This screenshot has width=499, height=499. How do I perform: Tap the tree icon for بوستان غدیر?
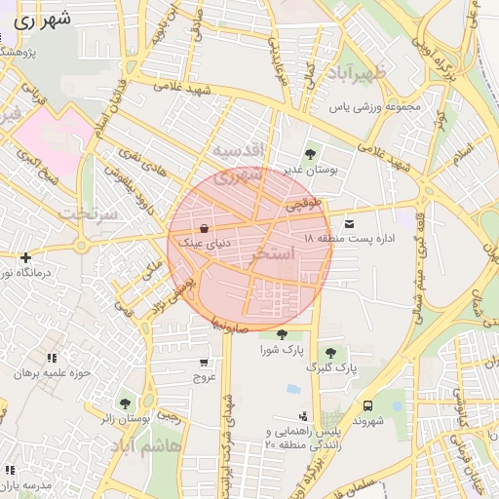click(310, 153)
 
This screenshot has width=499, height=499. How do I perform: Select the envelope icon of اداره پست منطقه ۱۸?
click(349, 225)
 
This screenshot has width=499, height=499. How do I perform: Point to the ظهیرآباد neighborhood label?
click(352, 74)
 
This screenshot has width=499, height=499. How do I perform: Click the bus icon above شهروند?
click(367, 405)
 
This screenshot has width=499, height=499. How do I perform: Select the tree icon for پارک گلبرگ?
click(330, 352)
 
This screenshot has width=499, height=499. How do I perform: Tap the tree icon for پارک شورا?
click(282, 334)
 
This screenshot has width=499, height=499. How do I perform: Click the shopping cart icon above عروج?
click(203, 362)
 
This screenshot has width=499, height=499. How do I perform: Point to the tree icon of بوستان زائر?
click(124, 403)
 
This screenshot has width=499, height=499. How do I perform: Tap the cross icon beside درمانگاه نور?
click(25, 257)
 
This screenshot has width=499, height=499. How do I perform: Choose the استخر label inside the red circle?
click(273, 252)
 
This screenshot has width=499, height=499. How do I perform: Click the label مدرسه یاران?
click(23, 484)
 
